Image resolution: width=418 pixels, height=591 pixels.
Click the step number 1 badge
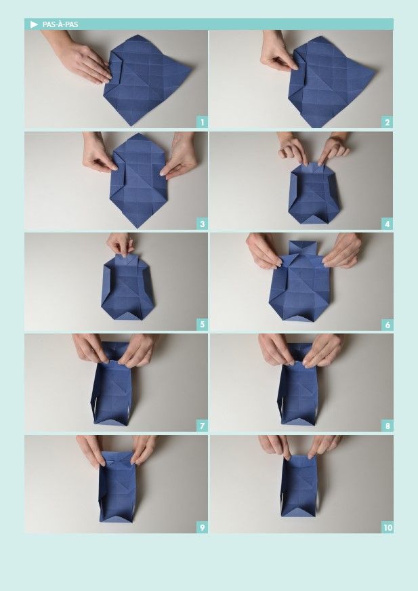(x=202, y=122)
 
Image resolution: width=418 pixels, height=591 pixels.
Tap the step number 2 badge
(x=387, y=122)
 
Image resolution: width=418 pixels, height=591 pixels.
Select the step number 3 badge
(x=202, y=224)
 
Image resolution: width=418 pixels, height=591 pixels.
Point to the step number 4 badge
(x=387, y=224)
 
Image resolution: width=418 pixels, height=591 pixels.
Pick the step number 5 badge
(x=202, y=325)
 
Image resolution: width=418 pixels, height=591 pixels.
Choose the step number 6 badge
(x=387, y=325)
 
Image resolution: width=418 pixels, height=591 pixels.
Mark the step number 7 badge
(x=202, y=426)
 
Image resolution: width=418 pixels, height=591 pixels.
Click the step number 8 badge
(x=387, y=426)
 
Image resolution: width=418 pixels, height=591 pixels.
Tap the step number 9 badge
(x=202, y=527)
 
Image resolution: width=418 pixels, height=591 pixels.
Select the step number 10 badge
(x=387, y=527)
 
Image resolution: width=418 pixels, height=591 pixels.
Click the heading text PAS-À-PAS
(x=60, y=24)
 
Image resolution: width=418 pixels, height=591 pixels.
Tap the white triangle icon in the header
(x=34, y=24)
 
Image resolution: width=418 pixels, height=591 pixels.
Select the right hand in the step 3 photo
(x=180, y=155)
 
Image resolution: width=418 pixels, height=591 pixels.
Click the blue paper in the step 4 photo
(x=314, y=193)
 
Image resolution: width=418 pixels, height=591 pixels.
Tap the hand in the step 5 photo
(x=121, y=244)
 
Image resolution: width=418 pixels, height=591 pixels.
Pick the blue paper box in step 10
(x=299, y=485)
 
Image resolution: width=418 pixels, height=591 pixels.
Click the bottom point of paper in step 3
(x=138, y=228)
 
